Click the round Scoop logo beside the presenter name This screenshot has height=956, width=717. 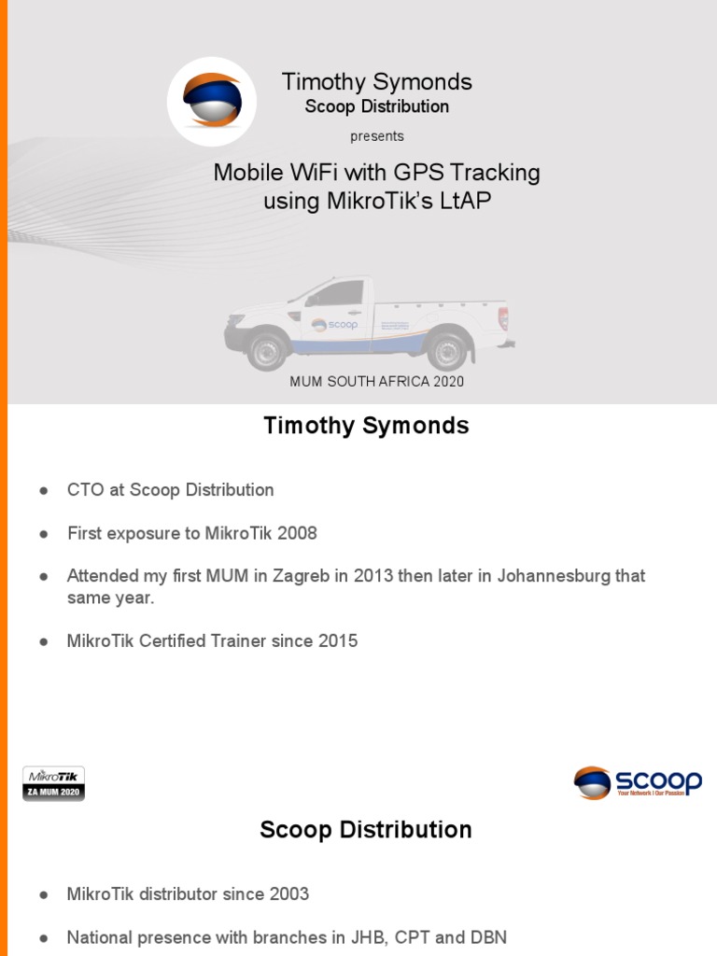coord(211,102)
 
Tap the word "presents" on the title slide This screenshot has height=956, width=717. coord(377,136)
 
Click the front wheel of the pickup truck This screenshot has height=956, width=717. coord(268,350)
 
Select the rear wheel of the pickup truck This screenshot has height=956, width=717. coord(446,350)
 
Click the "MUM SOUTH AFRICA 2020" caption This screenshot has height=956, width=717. coord(377,381)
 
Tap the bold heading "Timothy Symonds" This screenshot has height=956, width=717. coord(366,427)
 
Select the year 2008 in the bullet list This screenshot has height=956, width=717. coord(296,534)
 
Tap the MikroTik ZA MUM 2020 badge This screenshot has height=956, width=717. coord(54,783)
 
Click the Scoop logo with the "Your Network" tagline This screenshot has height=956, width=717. coord(638,782)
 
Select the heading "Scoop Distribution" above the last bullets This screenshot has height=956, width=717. coord(366,830)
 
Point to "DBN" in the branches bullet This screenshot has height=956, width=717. coord(485,937)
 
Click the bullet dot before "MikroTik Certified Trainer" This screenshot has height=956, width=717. coord(43,642)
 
